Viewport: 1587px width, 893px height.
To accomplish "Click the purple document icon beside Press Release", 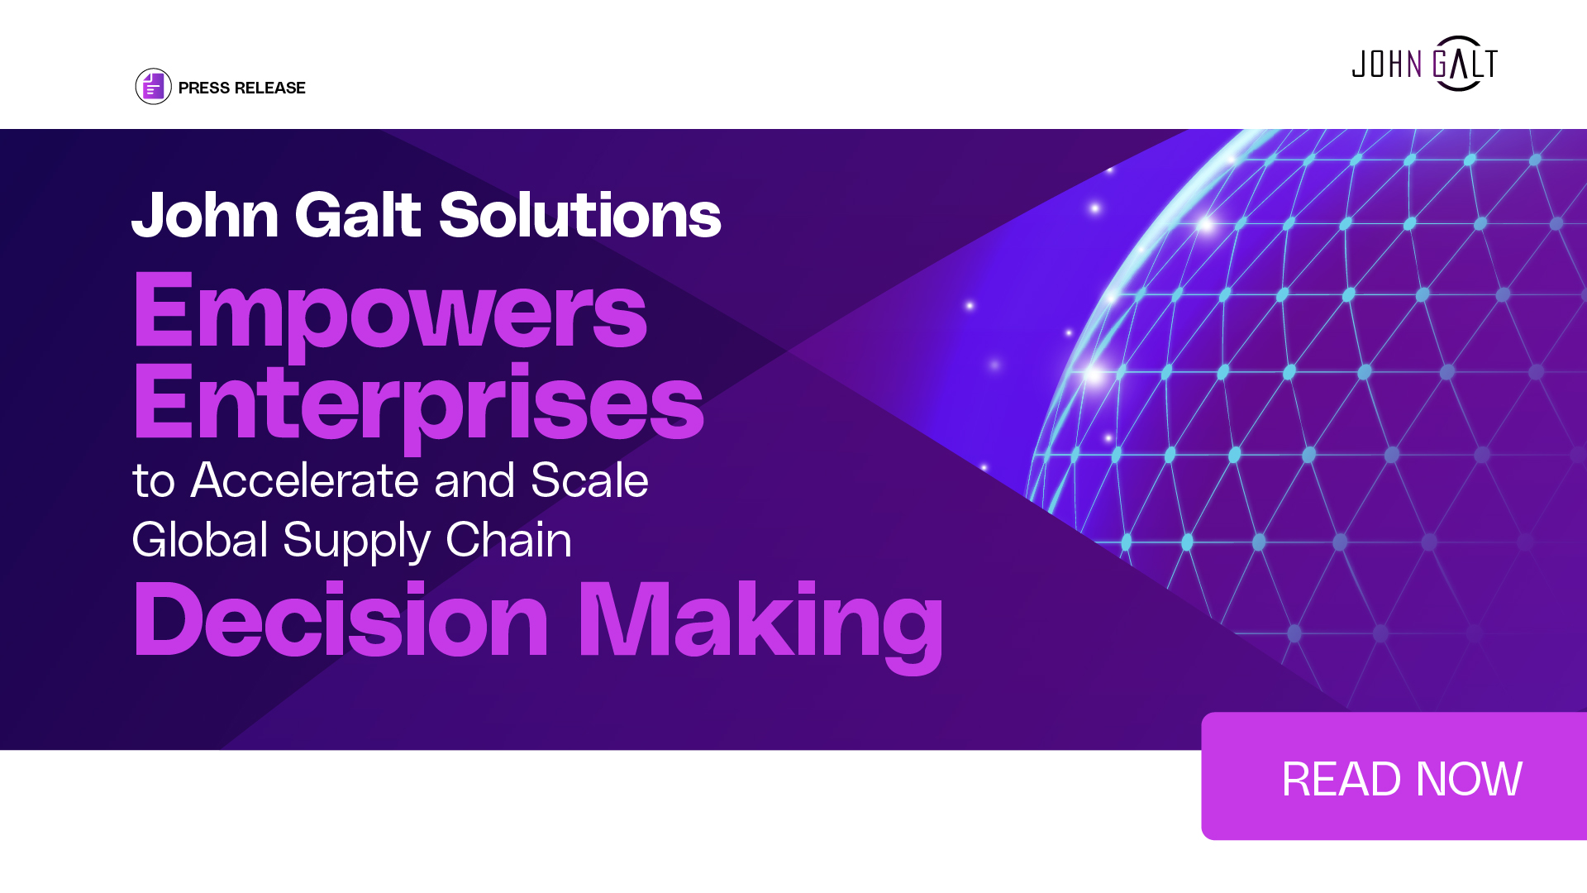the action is [153, 86].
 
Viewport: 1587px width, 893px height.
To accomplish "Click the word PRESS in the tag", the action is [204, 88].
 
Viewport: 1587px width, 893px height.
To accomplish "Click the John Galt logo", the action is [1424, 64].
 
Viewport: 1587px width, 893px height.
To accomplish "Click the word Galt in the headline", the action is [359, 215].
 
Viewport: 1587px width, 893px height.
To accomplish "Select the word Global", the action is [200, 540].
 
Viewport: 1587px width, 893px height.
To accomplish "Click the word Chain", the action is [508, 540].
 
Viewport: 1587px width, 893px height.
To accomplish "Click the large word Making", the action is [760, 626].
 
